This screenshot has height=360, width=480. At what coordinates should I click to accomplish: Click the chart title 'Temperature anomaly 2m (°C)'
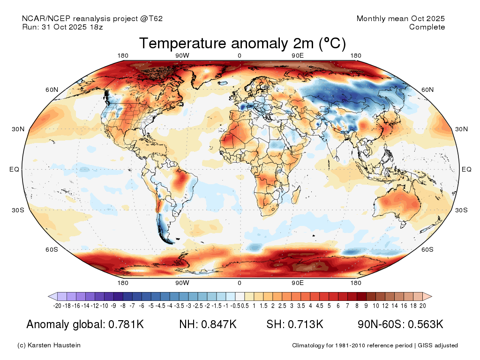pyautogui.click(x=242, y=44)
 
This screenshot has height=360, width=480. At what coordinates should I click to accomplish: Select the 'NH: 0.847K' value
pyautogui.click(x=207, y=324)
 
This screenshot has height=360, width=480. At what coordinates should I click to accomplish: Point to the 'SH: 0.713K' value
pyautogui.click(x=295, y=324)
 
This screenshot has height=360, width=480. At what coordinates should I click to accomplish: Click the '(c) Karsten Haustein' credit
pyautogui.click(x=49, y=345)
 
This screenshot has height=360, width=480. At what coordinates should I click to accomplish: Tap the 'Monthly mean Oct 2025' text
pyautogui.click(x=400, y=19)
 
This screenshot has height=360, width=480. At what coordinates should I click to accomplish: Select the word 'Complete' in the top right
pyautogui.click(x=427, y=27)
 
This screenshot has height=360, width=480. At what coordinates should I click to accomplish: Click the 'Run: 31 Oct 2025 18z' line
pyautogui.click(x=62, y=27)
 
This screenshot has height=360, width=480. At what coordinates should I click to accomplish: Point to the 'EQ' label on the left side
pyautogui.click(x=14, y=169)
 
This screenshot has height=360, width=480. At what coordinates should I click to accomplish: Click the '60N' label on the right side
pyautogui.click(x=427, y=90)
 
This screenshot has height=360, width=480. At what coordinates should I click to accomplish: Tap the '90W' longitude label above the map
pyautogui.click(x=182, y=56)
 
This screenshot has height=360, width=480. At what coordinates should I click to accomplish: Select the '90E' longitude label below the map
pyautogui.click(x=298, y=283)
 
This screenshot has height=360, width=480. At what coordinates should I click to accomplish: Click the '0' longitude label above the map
pyautogui.click(x=240, y=56)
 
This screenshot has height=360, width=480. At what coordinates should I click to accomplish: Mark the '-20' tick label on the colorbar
pyautogui.click(x=57, y=306)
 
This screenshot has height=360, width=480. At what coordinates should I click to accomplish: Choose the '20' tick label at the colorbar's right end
pyautogui.click(x=422, y=306)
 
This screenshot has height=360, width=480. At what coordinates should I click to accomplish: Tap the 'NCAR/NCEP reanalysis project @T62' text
pyautogui.click(x=92, y=19)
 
